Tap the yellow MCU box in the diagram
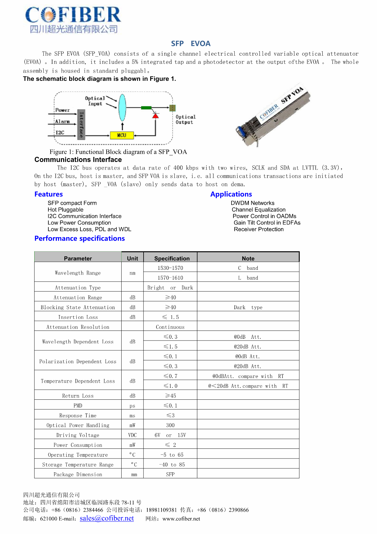coord(122,135)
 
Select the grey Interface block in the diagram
coord(81,125)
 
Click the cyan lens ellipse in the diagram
coord(122,108)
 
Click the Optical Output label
coord(185,120)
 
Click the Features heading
coord(49,194)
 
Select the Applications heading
coord(231,194)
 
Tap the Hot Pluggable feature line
coord(65,209)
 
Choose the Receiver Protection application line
coord(259,229)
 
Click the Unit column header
coord(132,258)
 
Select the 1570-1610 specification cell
coord(170,278)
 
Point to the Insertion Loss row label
coord(78,317)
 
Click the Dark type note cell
coord(248,307)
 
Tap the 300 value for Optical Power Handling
coord(170,425)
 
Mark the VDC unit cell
coord(132,435)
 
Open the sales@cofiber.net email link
coord(107,518)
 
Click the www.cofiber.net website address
coord(181,519)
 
